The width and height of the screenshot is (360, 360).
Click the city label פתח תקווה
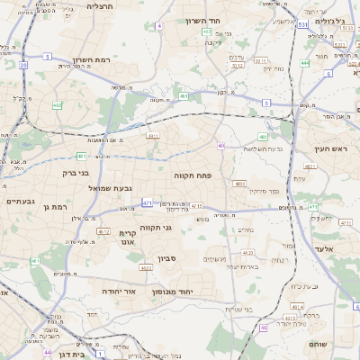pos(192,176)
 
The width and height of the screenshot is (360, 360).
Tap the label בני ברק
pos(76,172)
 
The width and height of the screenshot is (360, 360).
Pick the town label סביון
pos(168,259)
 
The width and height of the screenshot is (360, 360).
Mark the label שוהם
pos(318,345)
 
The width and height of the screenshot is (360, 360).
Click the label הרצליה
pos(100,6)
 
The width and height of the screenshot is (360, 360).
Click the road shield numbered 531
pos(304,25)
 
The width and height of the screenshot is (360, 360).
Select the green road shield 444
pos(305,63)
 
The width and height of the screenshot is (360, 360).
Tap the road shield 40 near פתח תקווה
pos(220,145)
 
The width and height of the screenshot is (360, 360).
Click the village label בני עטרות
pos(245,309)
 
